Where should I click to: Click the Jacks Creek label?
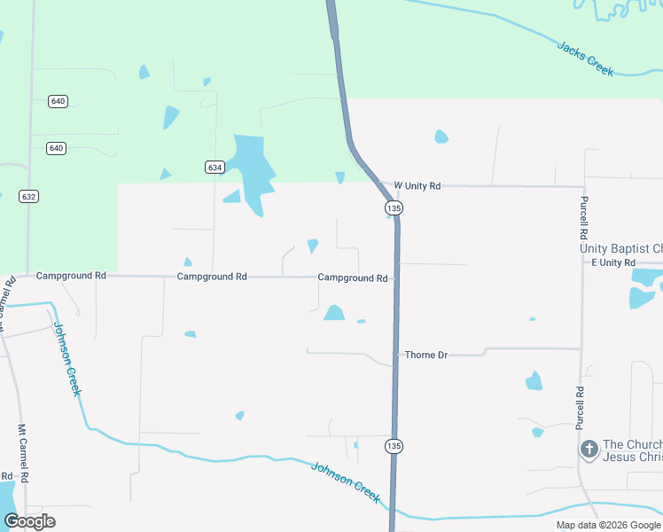(585, 59)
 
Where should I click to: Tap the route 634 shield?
(214, 167)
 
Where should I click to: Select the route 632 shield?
(27, 195)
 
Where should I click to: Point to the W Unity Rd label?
(417, 186)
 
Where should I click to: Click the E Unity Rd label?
(613, 263)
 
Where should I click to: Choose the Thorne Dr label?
(426, 355)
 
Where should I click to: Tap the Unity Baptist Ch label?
(620, 248)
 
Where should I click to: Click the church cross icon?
(589, 450)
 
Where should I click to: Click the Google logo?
(29, 520)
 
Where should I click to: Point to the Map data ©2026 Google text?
(607, 525)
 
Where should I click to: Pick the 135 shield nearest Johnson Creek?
(394, 445)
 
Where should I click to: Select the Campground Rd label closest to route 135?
(353, 278)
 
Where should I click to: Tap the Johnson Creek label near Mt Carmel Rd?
(68, 359)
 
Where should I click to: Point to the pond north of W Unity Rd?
(441, 137)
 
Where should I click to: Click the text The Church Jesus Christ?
(632, 450)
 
